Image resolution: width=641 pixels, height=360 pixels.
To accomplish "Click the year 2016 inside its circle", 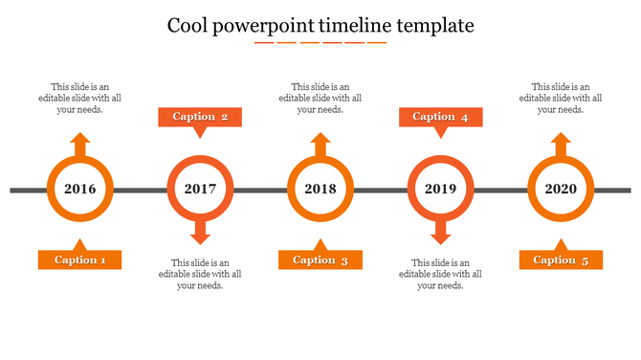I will coord(80,189).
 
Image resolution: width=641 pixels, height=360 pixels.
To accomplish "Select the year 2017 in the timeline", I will coord(200,189).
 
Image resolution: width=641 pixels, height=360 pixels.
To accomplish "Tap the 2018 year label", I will coord(320,189).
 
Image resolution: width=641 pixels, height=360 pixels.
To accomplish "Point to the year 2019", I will coord(440,189).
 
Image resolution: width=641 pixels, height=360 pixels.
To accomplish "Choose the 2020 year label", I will coord(561,189).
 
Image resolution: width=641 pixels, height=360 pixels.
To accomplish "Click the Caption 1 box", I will coord(80,259).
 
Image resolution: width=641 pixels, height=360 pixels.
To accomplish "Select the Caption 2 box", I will coord(200,117).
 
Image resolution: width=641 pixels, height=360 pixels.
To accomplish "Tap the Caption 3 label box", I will coord(320,259).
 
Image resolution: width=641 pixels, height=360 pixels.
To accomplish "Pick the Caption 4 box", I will coord(440,117).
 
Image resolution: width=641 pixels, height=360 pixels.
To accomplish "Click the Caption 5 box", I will coord(561,259).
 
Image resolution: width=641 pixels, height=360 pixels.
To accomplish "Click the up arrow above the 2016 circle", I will coord(80,146).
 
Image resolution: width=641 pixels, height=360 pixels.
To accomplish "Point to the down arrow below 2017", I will coord(200,231).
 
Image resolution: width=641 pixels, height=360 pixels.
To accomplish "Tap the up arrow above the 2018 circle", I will coord(320,146).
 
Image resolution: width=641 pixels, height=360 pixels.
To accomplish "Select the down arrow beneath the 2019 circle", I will coord(440,231).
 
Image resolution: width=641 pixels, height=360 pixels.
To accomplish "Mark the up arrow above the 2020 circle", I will coord(561,146).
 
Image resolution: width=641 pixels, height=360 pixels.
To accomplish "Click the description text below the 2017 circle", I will coord(200,274).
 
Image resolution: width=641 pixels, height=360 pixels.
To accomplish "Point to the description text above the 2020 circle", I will coord(561,98).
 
